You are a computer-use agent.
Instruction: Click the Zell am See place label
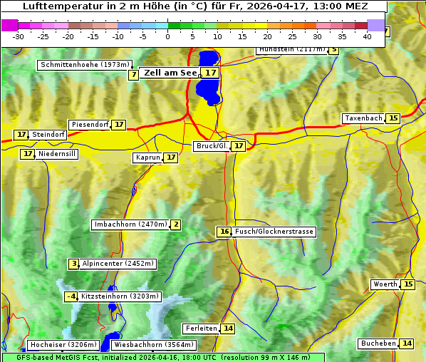pyautogui.click(x=170, y=73)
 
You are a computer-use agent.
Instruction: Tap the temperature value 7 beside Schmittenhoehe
pyautogui.click(x=134, y=75)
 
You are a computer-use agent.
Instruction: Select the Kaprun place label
pyautogui.click(x=147, y=157)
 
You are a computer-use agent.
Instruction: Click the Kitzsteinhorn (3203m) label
pyautogui.click(x=121, y=296)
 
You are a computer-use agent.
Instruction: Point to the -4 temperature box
pyautogui.click(x=71, y=296)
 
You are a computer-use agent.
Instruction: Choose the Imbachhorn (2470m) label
pyautogui.click(x=131, y=224)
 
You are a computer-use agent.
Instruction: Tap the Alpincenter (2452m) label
pyautogui.click(x=118, y=264)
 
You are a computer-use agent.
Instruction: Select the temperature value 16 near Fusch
pyautogui.click(x=224, y=232)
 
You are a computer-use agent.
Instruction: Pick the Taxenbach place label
pyautogui.click(x=363, y=118)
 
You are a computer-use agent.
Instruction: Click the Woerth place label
pyautogui.click(x=385, y=284)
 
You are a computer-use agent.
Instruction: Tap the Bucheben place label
pyautogui.click(x=378, y=343)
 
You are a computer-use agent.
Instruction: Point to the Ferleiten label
pyautogui.click(x=200, y=329)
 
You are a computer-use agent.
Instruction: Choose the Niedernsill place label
pyautogui.click(x=58, y=154)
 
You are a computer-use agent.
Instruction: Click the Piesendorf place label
pyautogui.click(x=90, y=125)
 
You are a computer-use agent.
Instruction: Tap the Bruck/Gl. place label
pyautogui.click(x=212, y=146)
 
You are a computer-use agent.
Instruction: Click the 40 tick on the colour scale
pyautogui.click(x=367, y=36)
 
